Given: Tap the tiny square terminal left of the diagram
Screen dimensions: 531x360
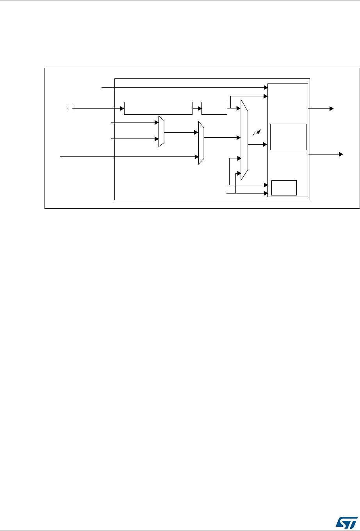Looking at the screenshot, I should [x=70, y=108].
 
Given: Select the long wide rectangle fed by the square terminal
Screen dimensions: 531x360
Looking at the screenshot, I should [x=158, y=108].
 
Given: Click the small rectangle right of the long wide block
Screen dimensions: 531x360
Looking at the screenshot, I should [x=214, y=108].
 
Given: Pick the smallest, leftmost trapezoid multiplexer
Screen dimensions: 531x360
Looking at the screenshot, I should [x=161, y=131].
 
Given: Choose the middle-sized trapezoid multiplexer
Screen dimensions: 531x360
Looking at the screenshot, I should [x=201, y=142].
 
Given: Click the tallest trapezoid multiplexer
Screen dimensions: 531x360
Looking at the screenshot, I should [x=244, y=140].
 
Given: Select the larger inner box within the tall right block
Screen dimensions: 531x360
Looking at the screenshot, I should [x=288, y=137].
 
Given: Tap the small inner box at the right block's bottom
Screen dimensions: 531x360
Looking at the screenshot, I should [x=284, y=188].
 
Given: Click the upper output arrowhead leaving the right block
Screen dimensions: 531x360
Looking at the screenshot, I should [x=331, y=108].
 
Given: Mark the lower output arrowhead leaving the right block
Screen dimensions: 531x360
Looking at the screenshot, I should [x=341, y=155].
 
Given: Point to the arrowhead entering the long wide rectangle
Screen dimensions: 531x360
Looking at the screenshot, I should [x=122, y=108].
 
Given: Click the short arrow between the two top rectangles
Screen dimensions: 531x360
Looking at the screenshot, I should [x=197, y=108].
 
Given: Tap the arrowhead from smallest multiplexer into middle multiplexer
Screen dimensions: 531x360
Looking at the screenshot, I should [x=196, y=132].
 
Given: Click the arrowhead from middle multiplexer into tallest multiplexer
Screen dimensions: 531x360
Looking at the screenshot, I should [x=238, y=137].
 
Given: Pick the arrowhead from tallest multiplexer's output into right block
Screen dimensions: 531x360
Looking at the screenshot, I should [x=265, y=144].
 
